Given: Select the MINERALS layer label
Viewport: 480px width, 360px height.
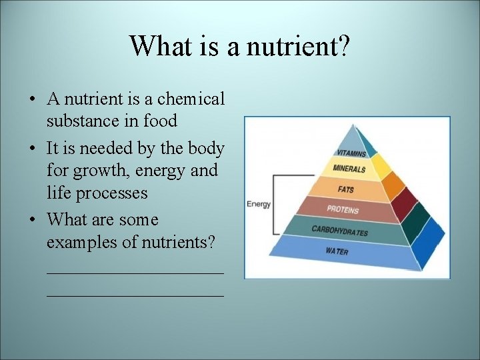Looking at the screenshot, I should tap(349, 169).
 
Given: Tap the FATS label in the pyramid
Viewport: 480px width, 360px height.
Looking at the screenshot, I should tap(345, 190).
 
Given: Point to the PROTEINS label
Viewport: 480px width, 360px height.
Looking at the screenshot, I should tap(343, 209).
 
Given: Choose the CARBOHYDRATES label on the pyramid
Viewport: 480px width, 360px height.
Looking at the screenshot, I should tap(339, 230).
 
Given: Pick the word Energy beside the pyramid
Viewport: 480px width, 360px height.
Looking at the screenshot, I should tap(259, 204).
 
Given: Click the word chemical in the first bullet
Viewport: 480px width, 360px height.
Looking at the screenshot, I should tap(192, 99).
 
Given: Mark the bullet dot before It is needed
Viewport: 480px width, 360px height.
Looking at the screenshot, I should tap(32, 148).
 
